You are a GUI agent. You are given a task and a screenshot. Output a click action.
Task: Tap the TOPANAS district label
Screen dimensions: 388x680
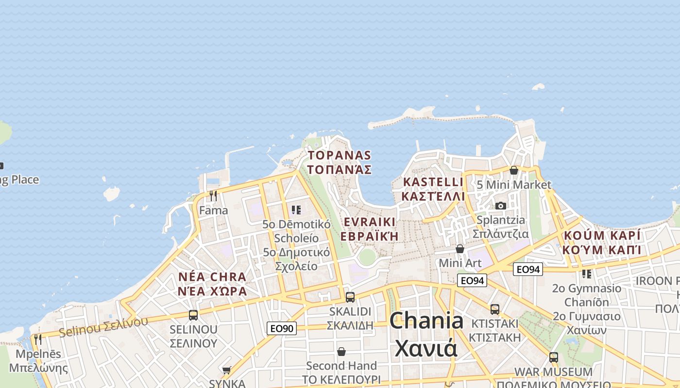click(340, 162)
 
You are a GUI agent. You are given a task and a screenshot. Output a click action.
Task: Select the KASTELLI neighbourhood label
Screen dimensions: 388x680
click(433, 189)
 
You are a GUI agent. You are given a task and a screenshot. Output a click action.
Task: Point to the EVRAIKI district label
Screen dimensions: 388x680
click(369, 229)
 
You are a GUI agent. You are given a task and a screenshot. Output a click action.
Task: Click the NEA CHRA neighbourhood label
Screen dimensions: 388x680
click(212, 284)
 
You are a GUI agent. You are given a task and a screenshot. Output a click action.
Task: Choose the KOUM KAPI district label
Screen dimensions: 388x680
click(602, 242)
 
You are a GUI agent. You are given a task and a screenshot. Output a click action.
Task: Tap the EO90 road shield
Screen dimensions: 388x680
click(281, 328)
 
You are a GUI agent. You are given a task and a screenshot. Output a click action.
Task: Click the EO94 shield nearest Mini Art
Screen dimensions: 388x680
click(472, 280)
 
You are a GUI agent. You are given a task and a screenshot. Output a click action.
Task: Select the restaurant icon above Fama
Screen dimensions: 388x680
click(213, 196)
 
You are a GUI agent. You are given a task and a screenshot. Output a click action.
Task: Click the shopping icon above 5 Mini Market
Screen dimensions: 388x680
click(513, 170)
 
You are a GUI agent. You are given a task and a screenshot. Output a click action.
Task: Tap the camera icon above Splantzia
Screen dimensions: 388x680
click(501, 206)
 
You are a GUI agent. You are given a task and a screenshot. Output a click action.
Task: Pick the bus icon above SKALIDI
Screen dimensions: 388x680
click(350, 297)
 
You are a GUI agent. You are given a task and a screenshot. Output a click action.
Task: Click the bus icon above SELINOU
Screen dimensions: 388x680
click(193, 315)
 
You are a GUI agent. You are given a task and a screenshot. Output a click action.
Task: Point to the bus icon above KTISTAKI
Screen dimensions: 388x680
click(494, 309)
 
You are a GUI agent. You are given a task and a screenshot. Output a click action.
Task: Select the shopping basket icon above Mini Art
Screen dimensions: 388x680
click(459, 249)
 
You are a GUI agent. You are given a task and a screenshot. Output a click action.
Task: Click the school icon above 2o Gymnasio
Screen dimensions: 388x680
click(586, 274)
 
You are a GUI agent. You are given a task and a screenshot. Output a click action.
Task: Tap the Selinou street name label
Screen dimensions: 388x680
click(103, 326)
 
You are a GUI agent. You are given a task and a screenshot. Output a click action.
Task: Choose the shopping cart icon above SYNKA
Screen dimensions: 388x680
click(226, 371)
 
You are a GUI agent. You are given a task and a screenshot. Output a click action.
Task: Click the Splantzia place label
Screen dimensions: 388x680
click(501, 226)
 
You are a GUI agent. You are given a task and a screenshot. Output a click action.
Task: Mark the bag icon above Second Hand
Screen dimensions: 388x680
click(341, 352)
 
